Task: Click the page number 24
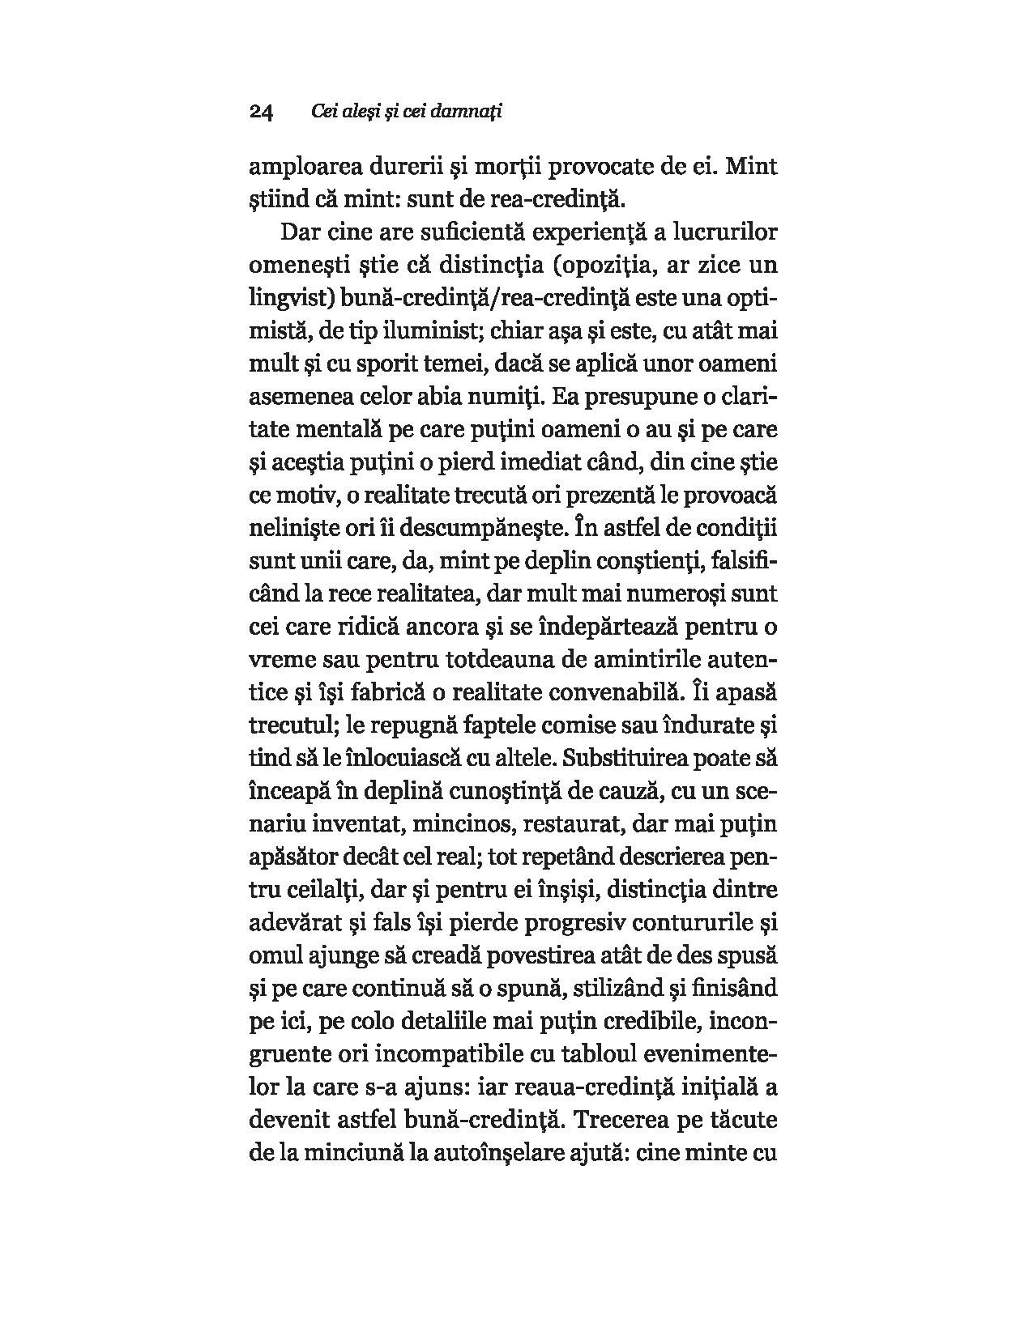click(x=263, y=113)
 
